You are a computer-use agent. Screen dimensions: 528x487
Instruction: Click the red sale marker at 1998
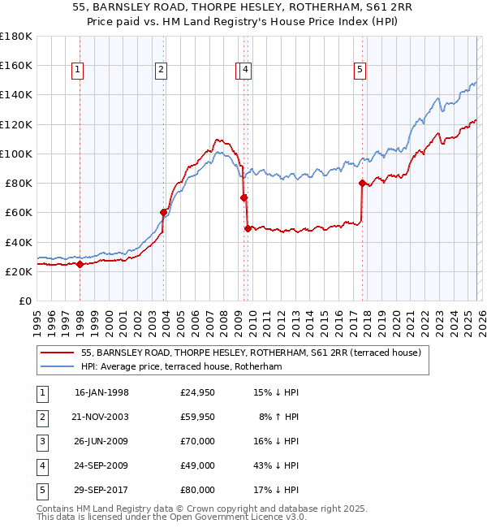80,264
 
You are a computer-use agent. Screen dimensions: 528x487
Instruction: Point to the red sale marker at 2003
164,213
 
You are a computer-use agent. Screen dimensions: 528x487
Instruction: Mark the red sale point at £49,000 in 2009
248,228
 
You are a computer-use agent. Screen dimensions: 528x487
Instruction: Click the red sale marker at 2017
362,183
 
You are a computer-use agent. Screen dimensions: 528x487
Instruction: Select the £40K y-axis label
19,242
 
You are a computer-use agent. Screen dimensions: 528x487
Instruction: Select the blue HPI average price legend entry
180,367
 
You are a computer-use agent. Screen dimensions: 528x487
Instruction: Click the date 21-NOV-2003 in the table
101,417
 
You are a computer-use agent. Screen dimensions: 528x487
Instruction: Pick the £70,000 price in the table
197,441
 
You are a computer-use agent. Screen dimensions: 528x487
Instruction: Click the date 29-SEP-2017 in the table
101,490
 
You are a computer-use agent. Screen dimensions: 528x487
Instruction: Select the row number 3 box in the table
40,441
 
